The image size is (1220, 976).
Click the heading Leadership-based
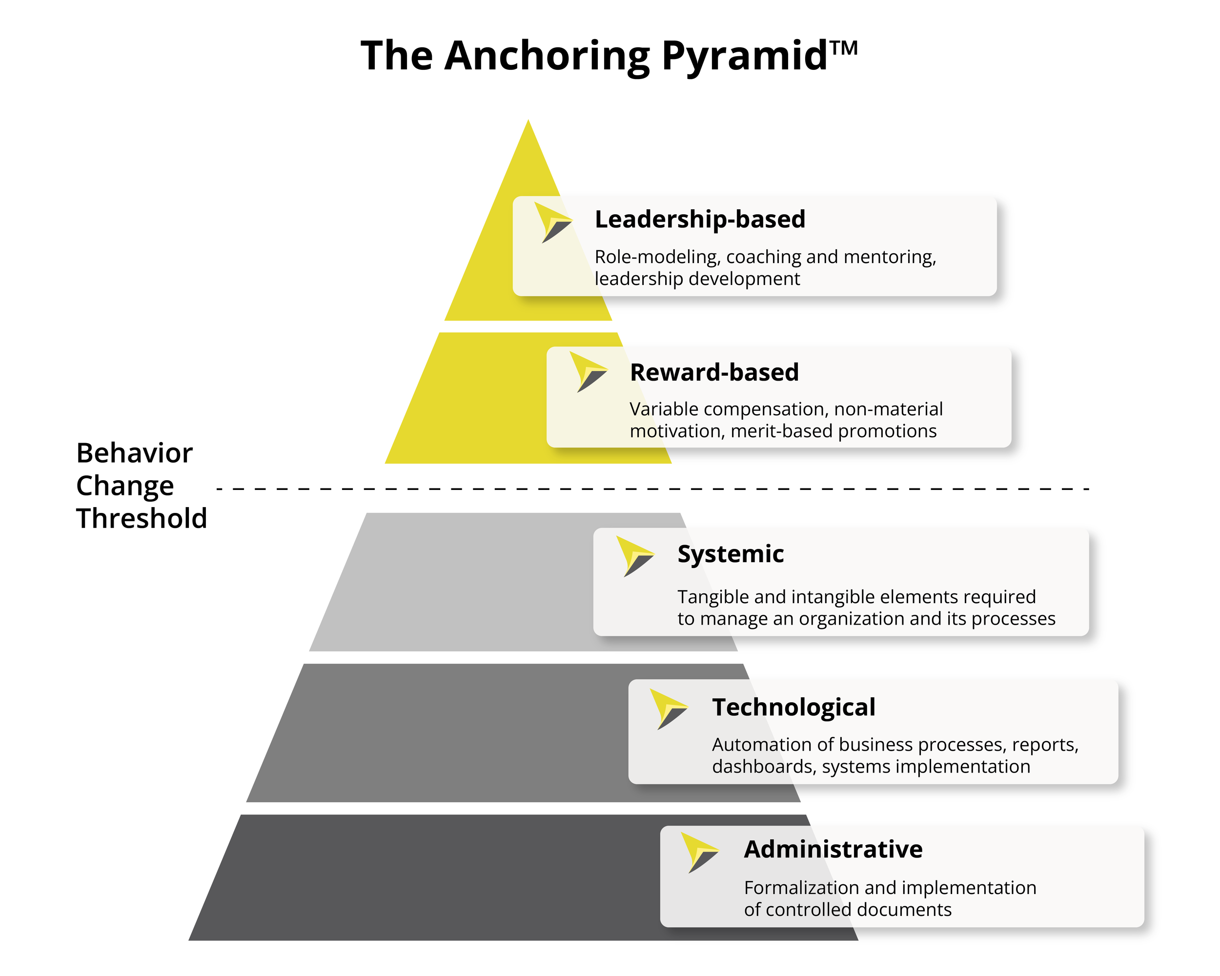pyautogui.click(x=699, y=220)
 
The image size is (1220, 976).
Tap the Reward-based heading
pyautogui.click(x=714, y=372)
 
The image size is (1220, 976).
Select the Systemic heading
pyautogui.click(x=730, y=554)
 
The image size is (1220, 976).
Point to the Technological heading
pyautogui.click(x=793, y=707)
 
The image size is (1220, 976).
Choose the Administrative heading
pyautogui.click(x=833, y=849)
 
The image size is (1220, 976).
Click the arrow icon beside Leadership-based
pyautogui.click(x=553, y=223)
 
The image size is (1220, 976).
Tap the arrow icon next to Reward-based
pyautogui.click(x=588, y=372)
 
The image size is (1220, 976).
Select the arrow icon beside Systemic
pyautogui.click(x=634, y=556)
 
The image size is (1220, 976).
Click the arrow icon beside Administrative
pyautogui.click(x=699, y=852)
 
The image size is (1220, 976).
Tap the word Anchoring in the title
pyautogui.click(x=547, y=57)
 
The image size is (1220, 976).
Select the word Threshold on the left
pyautogui.click(x=142, y=518)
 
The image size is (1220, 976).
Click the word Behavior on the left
pyautogui.click(x=134, y=453)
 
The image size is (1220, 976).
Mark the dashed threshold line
pyautogui.click(x=651, y=489)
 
